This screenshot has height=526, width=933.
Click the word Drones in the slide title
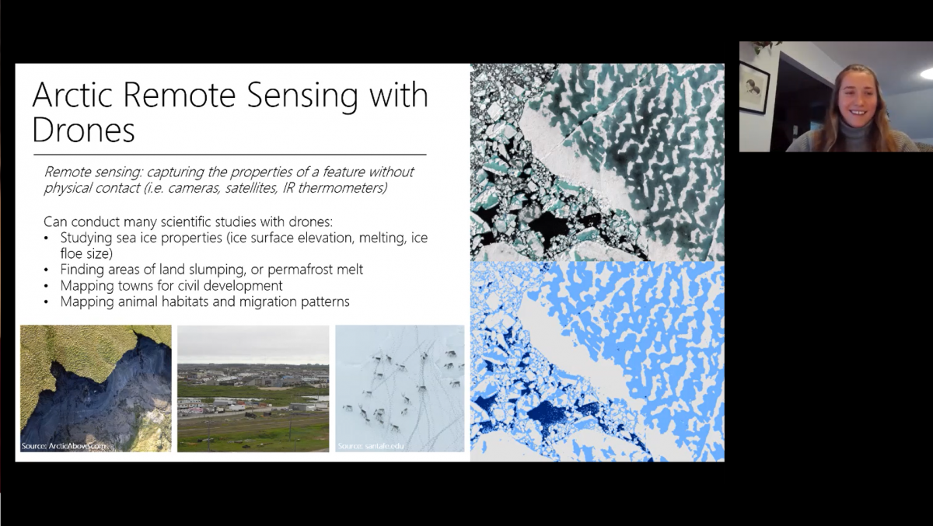pyautogui.click(x=83, y=131)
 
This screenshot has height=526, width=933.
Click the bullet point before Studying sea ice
pyautogui.click(x=48, y=238)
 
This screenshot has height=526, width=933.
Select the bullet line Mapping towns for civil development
pyautogui.click(x=171, y=285)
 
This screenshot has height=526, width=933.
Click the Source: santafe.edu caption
pyautogui.click(x=371, y=446)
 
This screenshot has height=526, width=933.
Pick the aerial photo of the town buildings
pyautogui.click(x=253, y=388)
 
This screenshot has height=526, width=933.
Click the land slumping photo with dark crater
pyautogui.click(x=96, y=388)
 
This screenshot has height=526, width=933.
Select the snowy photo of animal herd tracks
pyautogui.click(x=399, y=388)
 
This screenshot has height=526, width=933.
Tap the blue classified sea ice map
pyautogui.click(x=597, y=361)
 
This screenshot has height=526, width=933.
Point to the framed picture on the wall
pyautogui.click(x=754, y=86)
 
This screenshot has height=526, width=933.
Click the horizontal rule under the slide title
pyautogui.click(x=229, y=155)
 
